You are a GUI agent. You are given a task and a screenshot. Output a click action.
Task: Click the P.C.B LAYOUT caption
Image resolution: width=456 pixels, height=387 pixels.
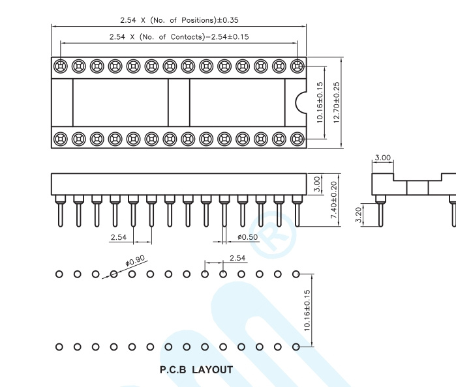196,369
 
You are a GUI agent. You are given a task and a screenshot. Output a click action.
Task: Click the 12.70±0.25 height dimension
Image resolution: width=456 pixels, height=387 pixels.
337,102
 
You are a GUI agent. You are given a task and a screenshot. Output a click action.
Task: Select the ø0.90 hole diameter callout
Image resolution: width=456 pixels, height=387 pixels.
135,261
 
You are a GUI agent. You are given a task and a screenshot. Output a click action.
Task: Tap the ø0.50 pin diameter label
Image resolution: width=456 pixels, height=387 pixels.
247,237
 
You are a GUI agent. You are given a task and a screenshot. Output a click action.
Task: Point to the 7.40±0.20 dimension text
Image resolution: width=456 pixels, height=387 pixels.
334,200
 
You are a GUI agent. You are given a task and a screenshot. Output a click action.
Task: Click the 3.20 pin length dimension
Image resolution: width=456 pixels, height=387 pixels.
359,215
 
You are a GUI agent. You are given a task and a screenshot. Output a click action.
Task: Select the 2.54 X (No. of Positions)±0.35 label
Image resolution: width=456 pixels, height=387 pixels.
179,20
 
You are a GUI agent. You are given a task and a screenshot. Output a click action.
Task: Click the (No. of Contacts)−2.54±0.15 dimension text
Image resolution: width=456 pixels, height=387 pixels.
194,37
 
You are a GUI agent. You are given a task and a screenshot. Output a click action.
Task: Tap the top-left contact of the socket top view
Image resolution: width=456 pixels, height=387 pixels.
61,66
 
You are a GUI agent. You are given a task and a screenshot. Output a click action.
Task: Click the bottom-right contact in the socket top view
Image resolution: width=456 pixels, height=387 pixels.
297,139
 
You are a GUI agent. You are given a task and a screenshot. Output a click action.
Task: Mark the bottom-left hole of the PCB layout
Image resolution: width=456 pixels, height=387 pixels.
59,347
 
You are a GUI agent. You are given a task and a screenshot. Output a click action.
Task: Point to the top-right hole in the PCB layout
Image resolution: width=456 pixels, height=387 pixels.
296,274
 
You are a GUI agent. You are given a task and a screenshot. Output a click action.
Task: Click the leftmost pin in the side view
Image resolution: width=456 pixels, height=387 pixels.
61,210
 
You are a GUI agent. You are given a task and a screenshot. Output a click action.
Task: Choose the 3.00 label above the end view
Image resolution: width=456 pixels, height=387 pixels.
382,158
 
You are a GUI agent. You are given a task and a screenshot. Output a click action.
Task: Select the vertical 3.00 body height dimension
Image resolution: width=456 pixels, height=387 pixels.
317,184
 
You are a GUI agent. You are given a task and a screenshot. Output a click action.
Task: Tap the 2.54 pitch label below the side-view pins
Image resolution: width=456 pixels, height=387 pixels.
118,237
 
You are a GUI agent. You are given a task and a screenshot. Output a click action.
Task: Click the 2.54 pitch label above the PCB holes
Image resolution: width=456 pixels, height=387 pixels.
237,258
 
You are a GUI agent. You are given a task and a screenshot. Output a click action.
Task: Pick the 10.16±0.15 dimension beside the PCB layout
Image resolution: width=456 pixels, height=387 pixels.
307,310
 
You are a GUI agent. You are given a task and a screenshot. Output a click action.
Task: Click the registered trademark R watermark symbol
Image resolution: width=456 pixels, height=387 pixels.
273,235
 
